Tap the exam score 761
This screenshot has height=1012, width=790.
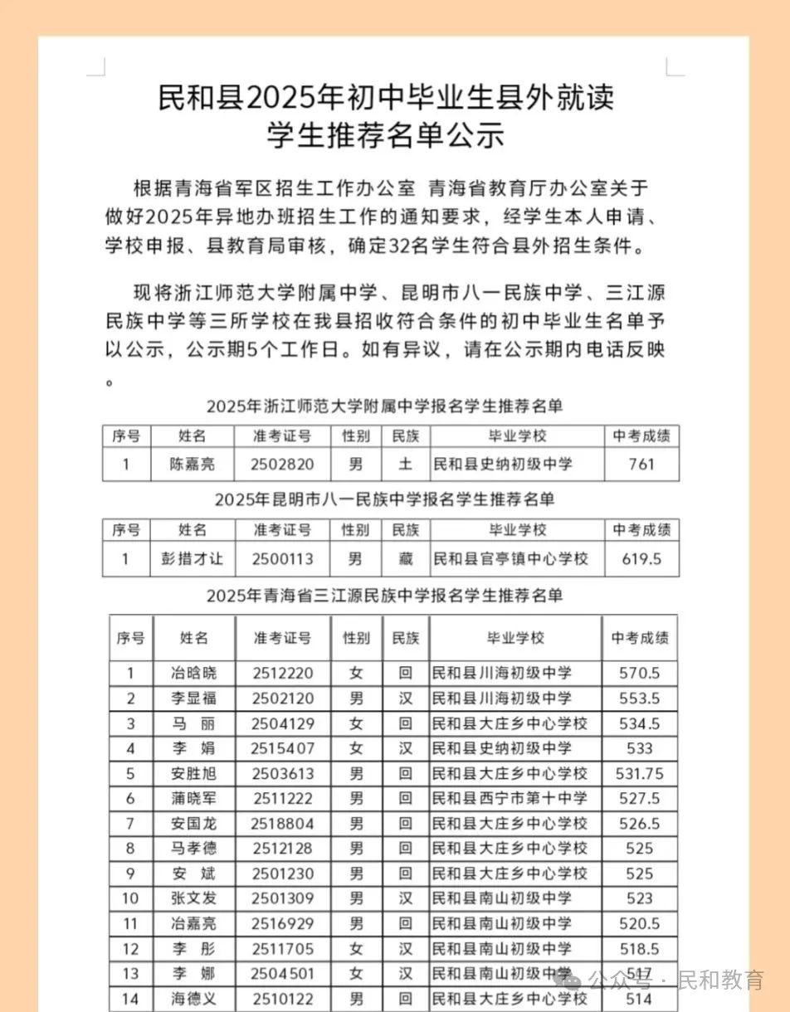pos(641,465)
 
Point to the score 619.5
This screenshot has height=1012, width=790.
pos(641,559)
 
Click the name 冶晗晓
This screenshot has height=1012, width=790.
pos(193,674)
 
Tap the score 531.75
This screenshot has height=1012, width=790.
pos(640,774)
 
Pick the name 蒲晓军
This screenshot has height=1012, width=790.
pos(193,799)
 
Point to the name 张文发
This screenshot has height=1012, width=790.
pos(193,898)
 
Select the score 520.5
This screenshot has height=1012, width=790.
pos(640,923)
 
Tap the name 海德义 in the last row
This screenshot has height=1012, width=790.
pos(193,1000)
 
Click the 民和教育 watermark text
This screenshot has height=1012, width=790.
pos(720,980)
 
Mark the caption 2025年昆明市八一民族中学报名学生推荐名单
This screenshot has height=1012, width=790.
pos(384,500)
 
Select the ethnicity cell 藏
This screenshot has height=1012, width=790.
pos(405,559)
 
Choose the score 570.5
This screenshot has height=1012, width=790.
pos(640,674)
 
